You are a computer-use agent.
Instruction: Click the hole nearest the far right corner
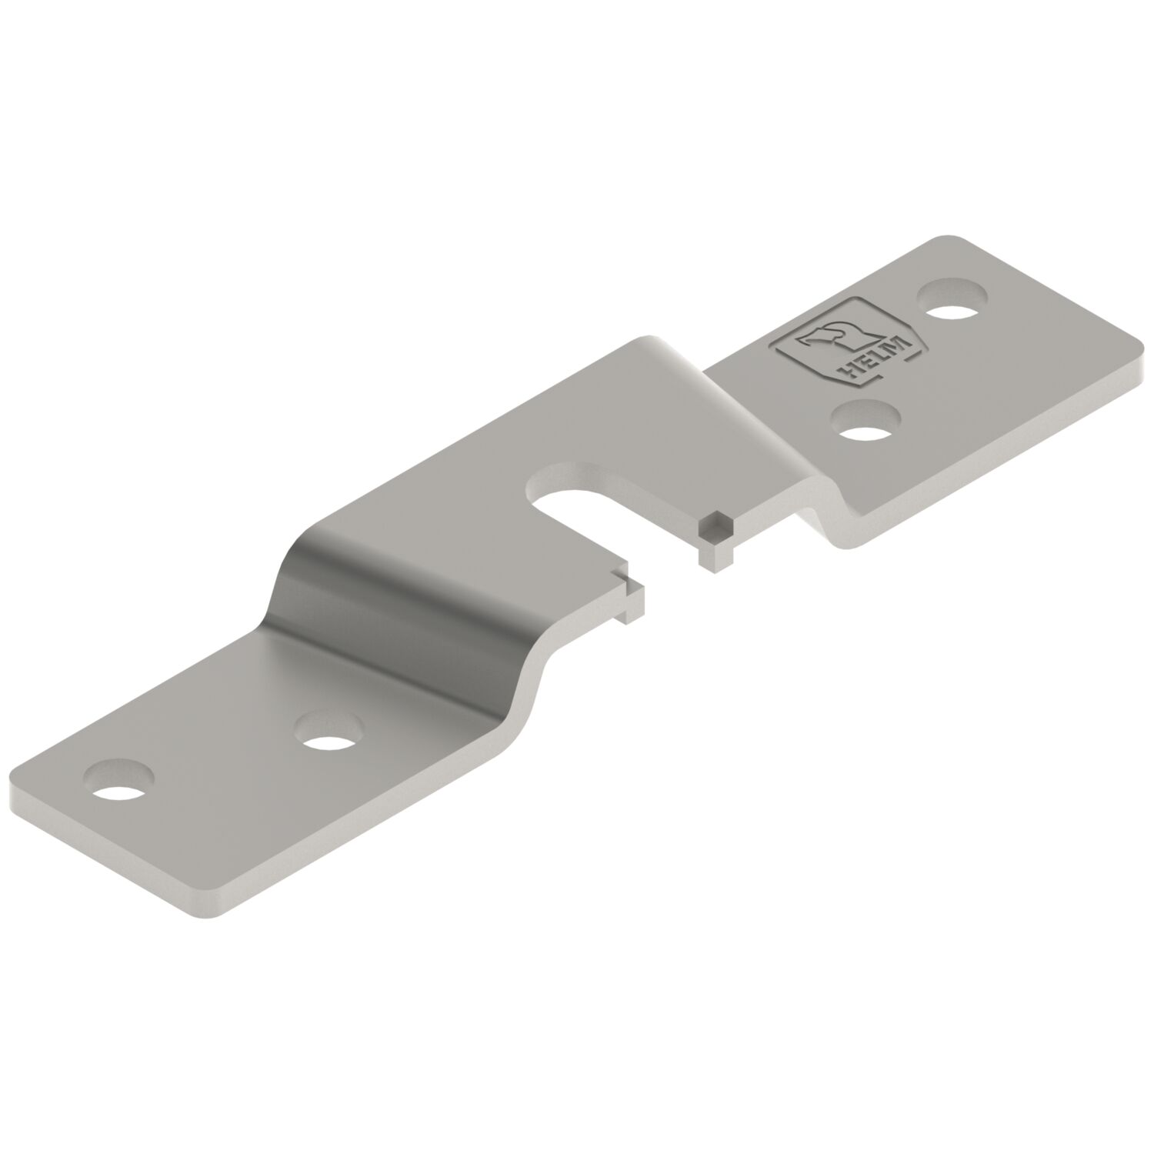(953, 301)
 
